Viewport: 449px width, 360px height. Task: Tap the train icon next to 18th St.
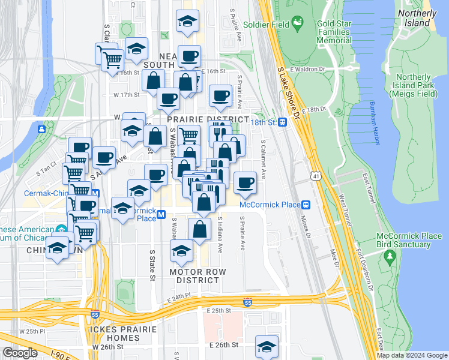(282, 122)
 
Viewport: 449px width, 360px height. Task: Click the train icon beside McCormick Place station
(306, 205)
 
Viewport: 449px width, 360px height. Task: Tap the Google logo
(20, 353)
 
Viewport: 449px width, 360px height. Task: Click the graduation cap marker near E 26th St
(267, 346)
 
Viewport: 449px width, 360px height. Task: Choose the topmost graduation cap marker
(187, 22)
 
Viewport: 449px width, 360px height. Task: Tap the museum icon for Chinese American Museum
(61, 229)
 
